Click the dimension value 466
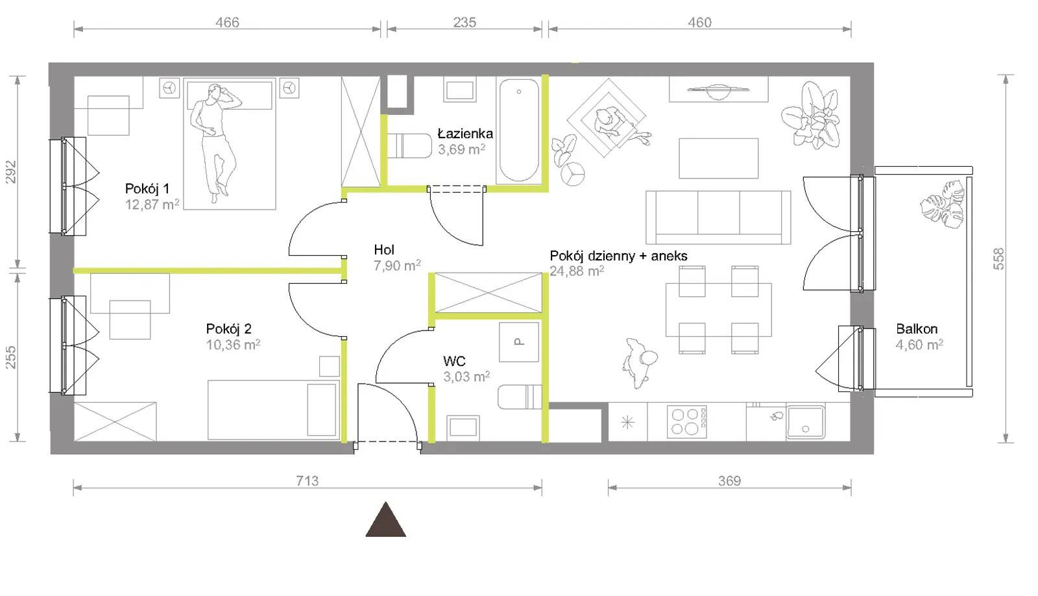pyautogui.click(x=227, y=22)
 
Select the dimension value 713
pyautogui.click(x=308, y=481)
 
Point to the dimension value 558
pyautogui.click(x=999, y=259)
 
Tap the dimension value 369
pyautogui.click(x=729, y=481)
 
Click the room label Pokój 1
pyautogui.click(x=147, y=189)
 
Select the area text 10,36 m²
pyautogui.click(x=233, y=345)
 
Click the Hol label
pyautogui.click(x=383, y=250)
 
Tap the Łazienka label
pyautogui.click(x=465, y=134)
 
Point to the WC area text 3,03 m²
pyautogui.click(x=466, y=377)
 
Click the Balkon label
pyautogui.click(x=917, y=329)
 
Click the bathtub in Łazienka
pyautogui.click(x=518, y=130)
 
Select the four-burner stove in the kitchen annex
pyautogui.click(x=687, y=421)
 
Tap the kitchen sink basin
pyautogui.click(x=805, y=423)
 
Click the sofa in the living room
pyautogui.click(x=718, y=217)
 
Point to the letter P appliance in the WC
pyautogui.click(x=519, y=342)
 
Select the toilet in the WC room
pyautogui.click(x=520, y=397)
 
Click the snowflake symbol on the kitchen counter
pyautogui.click(x=627, y=422)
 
